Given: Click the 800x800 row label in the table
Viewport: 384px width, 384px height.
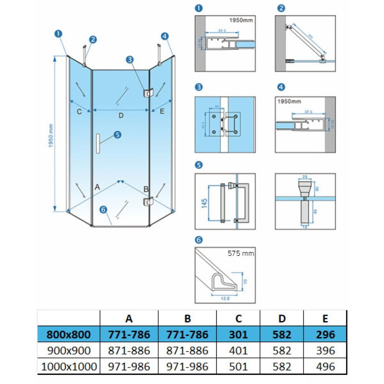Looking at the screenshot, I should [68, 334].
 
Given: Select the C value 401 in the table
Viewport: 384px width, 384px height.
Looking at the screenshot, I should [238, 351].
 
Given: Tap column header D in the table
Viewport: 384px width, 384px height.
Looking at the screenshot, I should [281, 318].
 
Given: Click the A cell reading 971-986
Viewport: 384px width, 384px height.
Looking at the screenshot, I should [129, 367].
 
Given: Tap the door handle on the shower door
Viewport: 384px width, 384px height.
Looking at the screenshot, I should [98, 144].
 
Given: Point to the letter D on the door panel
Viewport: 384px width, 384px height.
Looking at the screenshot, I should [121, 115].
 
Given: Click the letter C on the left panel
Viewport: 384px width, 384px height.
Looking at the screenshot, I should [79, 112].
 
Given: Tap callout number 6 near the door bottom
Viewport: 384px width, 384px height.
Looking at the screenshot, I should [103, 209].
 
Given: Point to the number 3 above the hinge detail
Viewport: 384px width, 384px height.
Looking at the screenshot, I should [198, 88].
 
